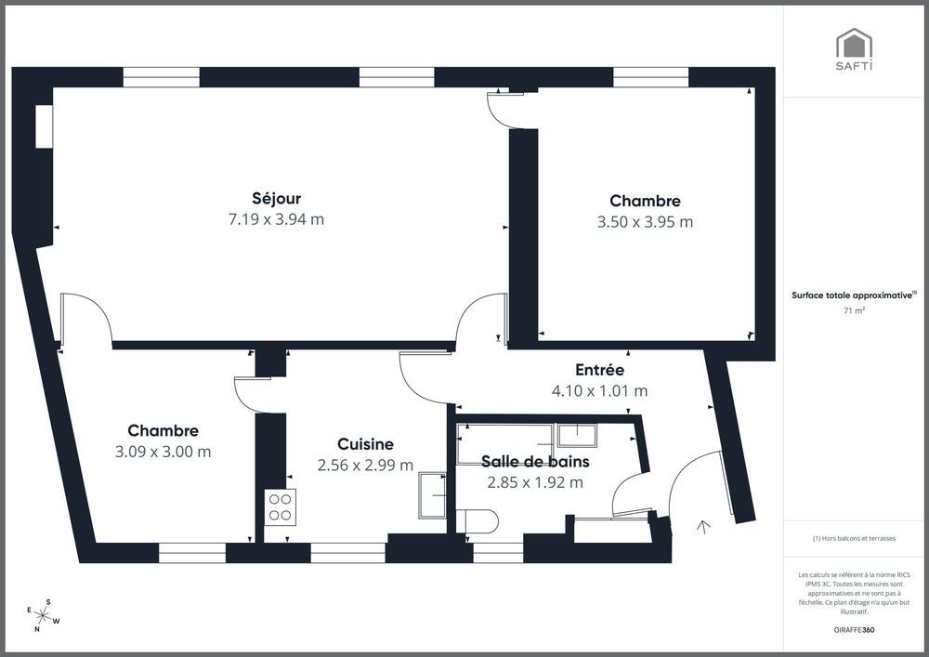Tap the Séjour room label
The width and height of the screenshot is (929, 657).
coord(276,198)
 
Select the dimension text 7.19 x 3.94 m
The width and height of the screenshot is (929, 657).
coord(276,219)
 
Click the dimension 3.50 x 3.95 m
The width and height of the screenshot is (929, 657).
coord(645,222)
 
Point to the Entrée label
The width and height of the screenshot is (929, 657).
coord(599,370)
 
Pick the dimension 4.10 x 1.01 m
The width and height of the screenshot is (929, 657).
coord(599,390)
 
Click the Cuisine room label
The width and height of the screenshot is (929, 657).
coord(365,445)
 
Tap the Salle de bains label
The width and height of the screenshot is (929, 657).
coord(535,461)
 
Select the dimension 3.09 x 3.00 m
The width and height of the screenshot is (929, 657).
coord(163,452)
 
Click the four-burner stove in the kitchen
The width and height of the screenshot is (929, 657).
coord(281,506)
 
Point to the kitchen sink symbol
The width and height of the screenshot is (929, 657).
coord(433,494)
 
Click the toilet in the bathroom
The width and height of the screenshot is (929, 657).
coord(478,521)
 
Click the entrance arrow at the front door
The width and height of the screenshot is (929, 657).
coord(703,528)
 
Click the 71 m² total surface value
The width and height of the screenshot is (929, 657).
coord(854,311)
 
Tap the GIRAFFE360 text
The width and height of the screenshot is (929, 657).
coord(854,629)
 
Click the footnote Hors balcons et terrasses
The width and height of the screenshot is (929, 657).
coord(854,538)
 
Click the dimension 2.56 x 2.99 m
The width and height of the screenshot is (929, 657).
coord(365,466)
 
